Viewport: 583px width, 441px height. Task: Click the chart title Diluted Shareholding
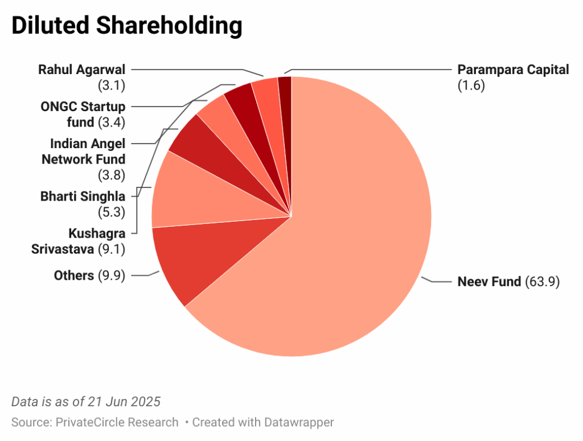pos(126,27)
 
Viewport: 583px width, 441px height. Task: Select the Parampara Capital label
pos(513,70)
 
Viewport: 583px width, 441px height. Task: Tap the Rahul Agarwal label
pos(81,70)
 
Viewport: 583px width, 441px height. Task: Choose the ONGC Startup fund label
pos(83,114)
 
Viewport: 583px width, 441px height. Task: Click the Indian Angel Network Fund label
pos(84,152)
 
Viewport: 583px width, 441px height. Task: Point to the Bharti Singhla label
pos(83,197)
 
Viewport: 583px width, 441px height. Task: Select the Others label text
pos(73,276)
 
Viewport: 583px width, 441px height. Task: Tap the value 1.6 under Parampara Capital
pos(471,87)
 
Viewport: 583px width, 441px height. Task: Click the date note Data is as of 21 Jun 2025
pos(86,402)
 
